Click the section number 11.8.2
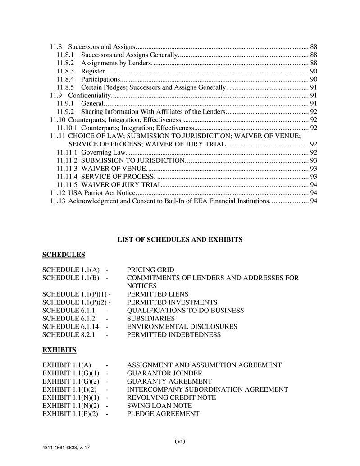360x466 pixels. point(65,63)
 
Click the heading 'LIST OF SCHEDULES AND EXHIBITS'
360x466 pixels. point(180,239)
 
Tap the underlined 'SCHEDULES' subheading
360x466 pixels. point(64,255)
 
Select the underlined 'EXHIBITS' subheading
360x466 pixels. point(59,350)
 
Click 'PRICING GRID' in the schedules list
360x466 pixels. point(150,270)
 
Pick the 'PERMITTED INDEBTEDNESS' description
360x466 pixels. point(173,334)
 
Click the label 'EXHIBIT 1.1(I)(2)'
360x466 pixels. point(70,389)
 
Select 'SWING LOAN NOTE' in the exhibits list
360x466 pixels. point(159,406)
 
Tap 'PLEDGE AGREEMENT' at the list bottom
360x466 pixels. point(163,414)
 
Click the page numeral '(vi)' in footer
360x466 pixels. point(180,441)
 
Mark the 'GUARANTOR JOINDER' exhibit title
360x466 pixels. point(164,373)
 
